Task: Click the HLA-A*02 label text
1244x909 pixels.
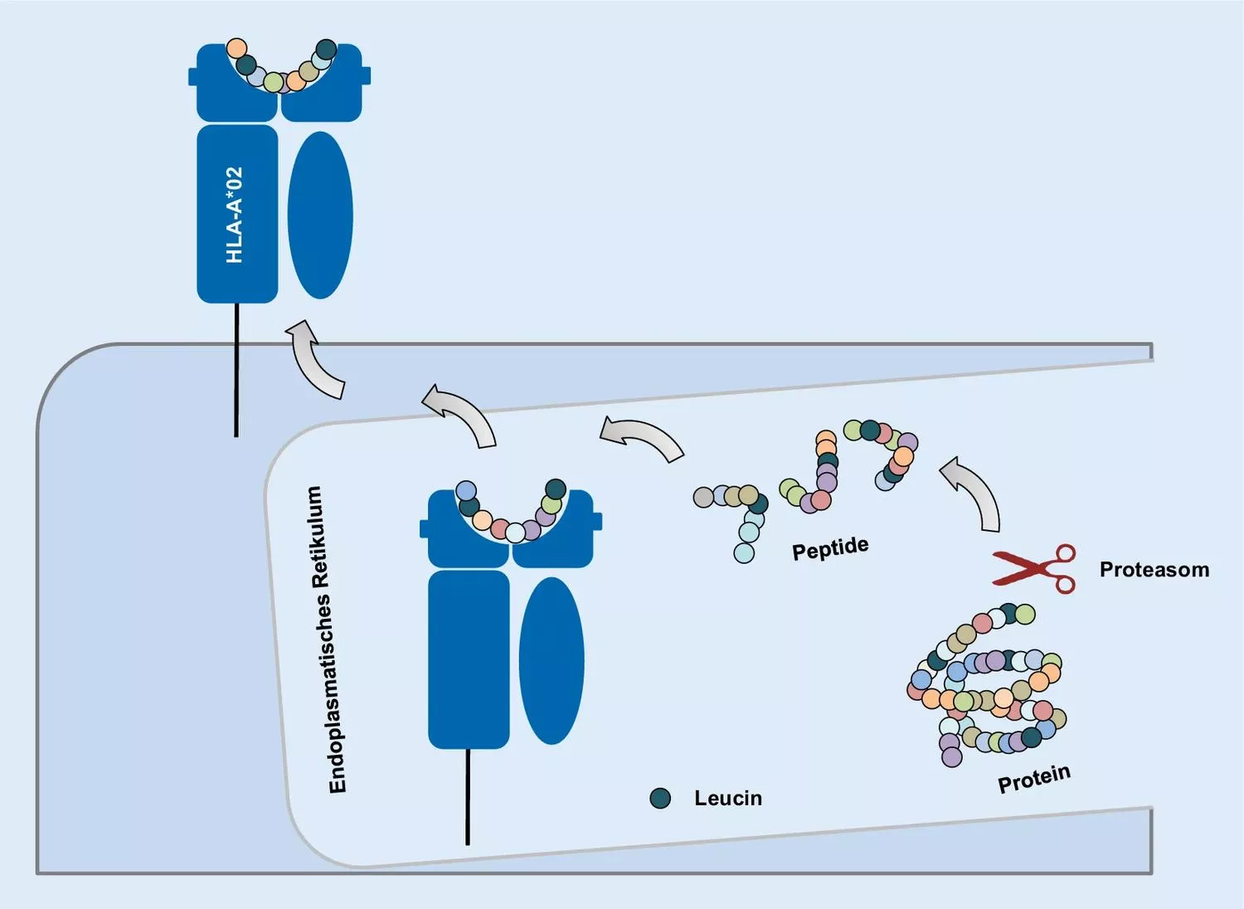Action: click(x=236, y=215)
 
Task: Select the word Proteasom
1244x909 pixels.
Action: click(x=1154, y=570)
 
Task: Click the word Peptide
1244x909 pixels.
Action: click(x=830, y=549)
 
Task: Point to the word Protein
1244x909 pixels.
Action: click(x=1033, y=779)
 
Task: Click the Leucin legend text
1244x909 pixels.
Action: click(x=727, y=798)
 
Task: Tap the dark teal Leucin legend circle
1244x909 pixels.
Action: click(x=660, y=798)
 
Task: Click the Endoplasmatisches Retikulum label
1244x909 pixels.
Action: click(x=326, y=639)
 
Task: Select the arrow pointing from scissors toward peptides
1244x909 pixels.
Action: click(x=974, y=492)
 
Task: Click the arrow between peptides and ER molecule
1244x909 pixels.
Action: click(x=642, y=437)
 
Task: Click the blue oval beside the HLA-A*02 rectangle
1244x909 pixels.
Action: click(x=320, y=215)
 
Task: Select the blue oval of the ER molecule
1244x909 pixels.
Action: click(x=552, y=660)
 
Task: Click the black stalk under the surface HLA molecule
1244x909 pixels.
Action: click(x=236, y=369)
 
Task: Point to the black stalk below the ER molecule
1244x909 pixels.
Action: click(x=468, y=796)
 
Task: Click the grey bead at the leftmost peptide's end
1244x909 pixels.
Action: click(x=703, y=497)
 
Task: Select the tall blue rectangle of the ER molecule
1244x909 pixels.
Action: click(x=469, y=659)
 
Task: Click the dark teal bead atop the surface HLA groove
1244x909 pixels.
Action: click(x=327, y=49)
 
